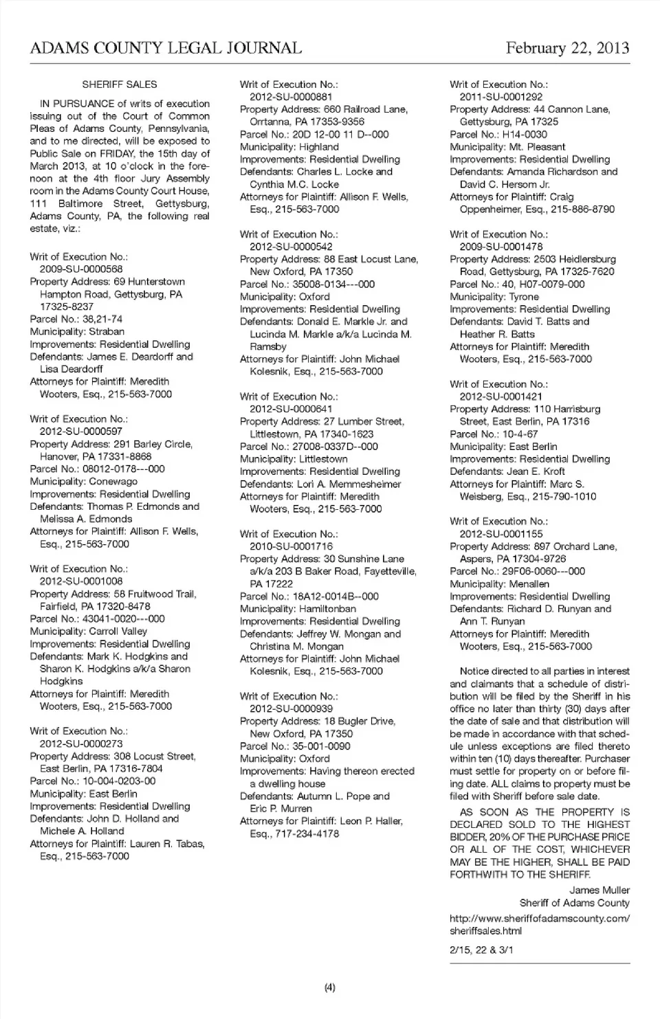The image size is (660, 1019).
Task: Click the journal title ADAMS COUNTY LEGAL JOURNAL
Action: pos(166,48)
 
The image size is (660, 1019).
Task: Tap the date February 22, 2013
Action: pos(567,48)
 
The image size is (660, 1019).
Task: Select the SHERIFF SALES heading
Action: pos(120,85)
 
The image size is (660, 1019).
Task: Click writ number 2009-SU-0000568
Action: pos(81,269)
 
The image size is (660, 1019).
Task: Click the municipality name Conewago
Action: pos(113,482)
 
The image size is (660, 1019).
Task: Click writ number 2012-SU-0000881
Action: pos(291,97)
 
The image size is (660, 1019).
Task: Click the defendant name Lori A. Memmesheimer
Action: pos(349,484)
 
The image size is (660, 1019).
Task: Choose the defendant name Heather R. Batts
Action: pos(497,334)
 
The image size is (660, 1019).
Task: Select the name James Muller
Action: pos(599,891)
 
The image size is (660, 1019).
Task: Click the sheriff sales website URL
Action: pos(539,924)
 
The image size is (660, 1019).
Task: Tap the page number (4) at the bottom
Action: pos(329,987)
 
